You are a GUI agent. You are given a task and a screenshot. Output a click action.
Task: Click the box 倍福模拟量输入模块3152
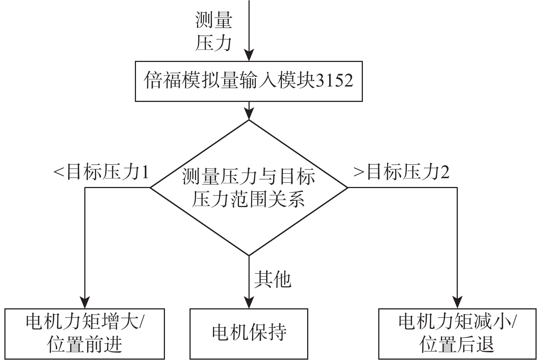[249, 81]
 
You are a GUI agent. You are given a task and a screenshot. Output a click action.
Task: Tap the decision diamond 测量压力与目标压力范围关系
[249, 188]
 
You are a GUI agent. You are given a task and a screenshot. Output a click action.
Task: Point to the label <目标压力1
[102, 172]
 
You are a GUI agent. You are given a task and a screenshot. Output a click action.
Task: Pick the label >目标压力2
[401, 172]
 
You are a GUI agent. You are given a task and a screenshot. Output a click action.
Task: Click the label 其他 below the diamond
[273, 279]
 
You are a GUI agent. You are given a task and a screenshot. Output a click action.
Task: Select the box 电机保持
[249, 334]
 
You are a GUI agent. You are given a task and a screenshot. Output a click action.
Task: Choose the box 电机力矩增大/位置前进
[85, 334]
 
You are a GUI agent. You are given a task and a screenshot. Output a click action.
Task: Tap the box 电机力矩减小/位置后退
[457, 334]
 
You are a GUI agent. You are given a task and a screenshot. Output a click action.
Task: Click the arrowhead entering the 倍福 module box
[249, 56]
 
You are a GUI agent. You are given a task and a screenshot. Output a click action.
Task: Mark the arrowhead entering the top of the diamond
[249, 115]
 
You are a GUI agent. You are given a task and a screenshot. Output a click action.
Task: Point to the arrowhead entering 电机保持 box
[249, 304]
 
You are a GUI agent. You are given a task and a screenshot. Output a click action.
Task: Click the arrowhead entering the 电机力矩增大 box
[85, 304]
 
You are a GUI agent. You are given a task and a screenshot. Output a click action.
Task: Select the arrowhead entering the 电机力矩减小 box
[457, 304]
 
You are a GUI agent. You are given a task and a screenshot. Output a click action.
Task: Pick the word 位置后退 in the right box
[457, 345]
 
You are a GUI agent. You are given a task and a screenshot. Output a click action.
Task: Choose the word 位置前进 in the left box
[85, 345]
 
